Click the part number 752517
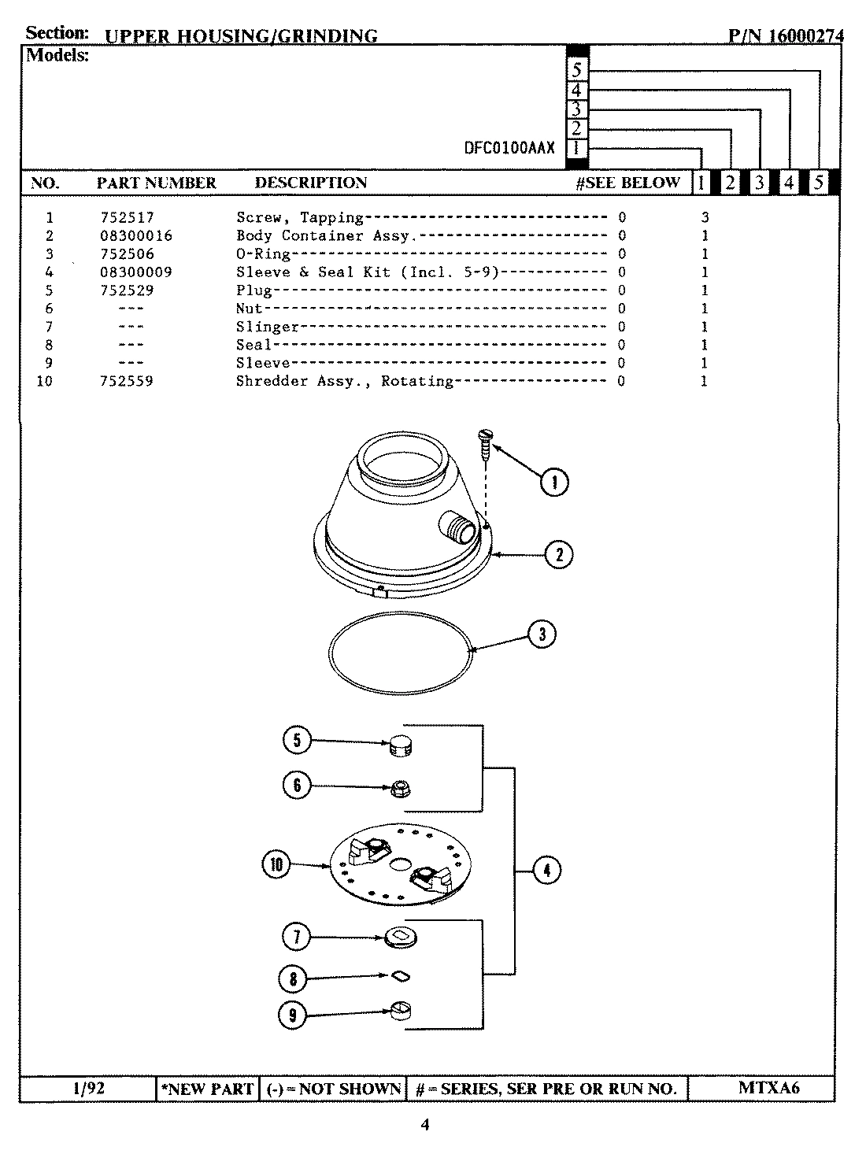(127, 217)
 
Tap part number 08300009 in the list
(135, 272)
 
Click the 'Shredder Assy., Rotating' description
(344, 381)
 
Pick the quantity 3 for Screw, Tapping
(705, 217)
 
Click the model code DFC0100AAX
(509, 148)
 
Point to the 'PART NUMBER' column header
(156, 183)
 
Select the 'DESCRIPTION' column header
(310, 183)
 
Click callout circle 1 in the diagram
(554, 481)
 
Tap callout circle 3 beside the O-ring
(542, 634)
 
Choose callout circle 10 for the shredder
(276, 865)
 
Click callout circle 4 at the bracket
(546, 870)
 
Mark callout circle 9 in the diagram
(293, 1015)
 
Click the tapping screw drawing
(486, 444)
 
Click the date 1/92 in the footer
(87, 1088)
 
